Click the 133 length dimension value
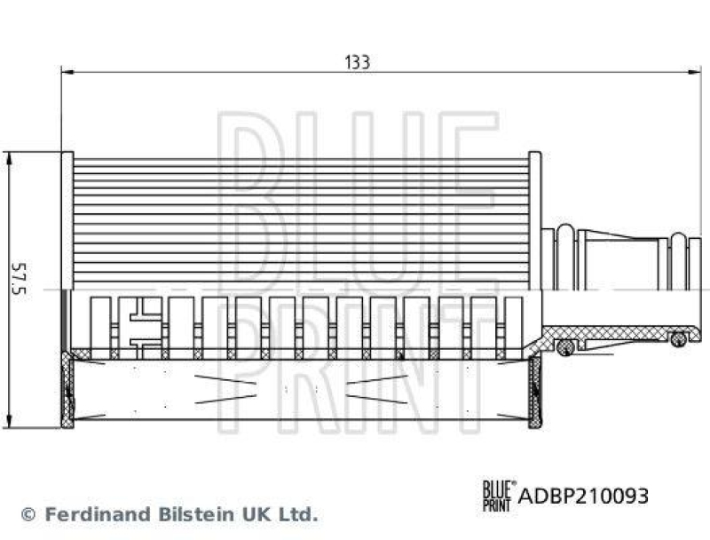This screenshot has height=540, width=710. click(x=357, y=62)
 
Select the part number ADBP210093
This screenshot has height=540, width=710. click(x=582, y=496)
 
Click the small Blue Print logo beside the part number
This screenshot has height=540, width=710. click(x=497, y=495)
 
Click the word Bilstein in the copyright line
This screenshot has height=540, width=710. click(x=185, y=513)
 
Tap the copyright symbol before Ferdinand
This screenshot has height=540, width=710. click(x=28, y=514)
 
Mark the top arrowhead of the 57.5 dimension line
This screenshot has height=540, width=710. click(x=8, y=158)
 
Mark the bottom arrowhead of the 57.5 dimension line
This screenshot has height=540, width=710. click(x=8, y=420)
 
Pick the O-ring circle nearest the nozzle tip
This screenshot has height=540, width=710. click(x=678, y=338)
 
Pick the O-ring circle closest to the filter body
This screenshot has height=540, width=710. click(x=564, y=345)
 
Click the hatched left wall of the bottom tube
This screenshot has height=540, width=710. click(x=68, y=387)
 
